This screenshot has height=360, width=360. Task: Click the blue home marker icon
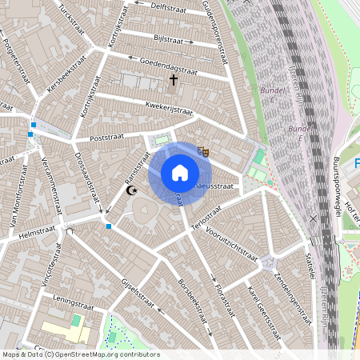(x=180, y=172)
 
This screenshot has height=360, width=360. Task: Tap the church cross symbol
(x=173, y=80)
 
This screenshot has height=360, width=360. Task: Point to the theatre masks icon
(x=204, y=150)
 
